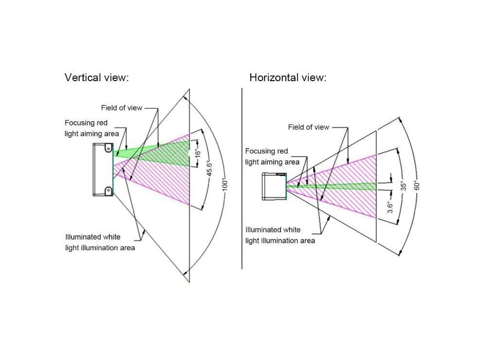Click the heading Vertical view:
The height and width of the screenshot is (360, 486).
click(x=97, y=78)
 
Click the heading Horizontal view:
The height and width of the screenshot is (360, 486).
click(x=288, y=78)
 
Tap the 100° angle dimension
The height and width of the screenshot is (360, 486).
click(x=225, y=186)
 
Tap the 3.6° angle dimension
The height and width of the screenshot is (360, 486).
click(x=390, y=207)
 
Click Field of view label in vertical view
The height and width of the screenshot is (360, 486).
click(x=121, y=108)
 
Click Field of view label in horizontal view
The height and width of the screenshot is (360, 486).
click(x=308, y=127)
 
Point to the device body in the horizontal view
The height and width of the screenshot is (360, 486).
click(x=274, y=186)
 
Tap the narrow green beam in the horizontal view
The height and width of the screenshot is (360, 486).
click(x=340, y=186)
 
